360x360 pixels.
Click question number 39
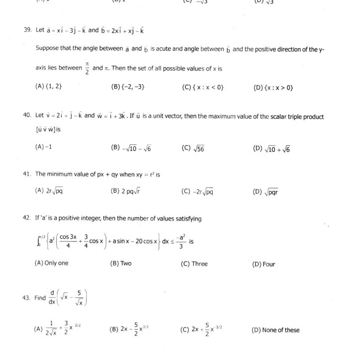27,30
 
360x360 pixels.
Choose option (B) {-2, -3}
128,87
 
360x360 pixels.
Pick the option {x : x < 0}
202,87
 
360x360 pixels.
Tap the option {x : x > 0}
273,88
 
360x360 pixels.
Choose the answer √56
193,148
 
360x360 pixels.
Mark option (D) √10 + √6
271,148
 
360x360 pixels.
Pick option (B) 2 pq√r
127,191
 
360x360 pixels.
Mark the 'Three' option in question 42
194,264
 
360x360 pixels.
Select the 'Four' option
264,264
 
